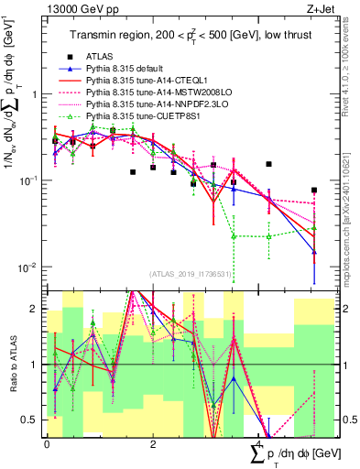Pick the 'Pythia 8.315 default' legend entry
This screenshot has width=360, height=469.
coord(129,70)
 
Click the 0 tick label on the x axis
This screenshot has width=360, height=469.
coord(48,444)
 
